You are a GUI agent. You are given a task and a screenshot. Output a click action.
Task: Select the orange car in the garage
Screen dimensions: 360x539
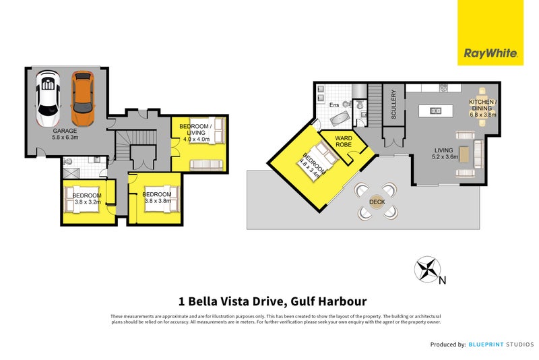pyautogui.click(x=82, y=92)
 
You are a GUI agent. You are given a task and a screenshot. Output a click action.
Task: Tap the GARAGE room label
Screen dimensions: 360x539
pyautogui.click(x=65, y=130)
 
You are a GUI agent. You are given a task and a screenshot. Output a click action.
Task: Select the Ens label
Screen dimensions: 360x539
pyautogui.click(x=334, y=105)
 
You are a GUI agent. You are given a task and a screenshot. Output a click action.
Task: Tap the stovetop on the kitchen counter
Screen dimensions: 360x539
pyautogui.click(x=444, y=88)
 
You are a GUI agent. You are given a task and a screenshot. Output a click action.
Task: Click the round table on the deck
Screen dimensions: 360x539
pyautogui.click(x=377, y=201)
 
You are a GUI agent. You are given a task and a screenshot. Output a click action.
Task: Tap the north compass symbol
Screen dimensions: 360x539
pyautogui.click(x=426, y=269)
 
